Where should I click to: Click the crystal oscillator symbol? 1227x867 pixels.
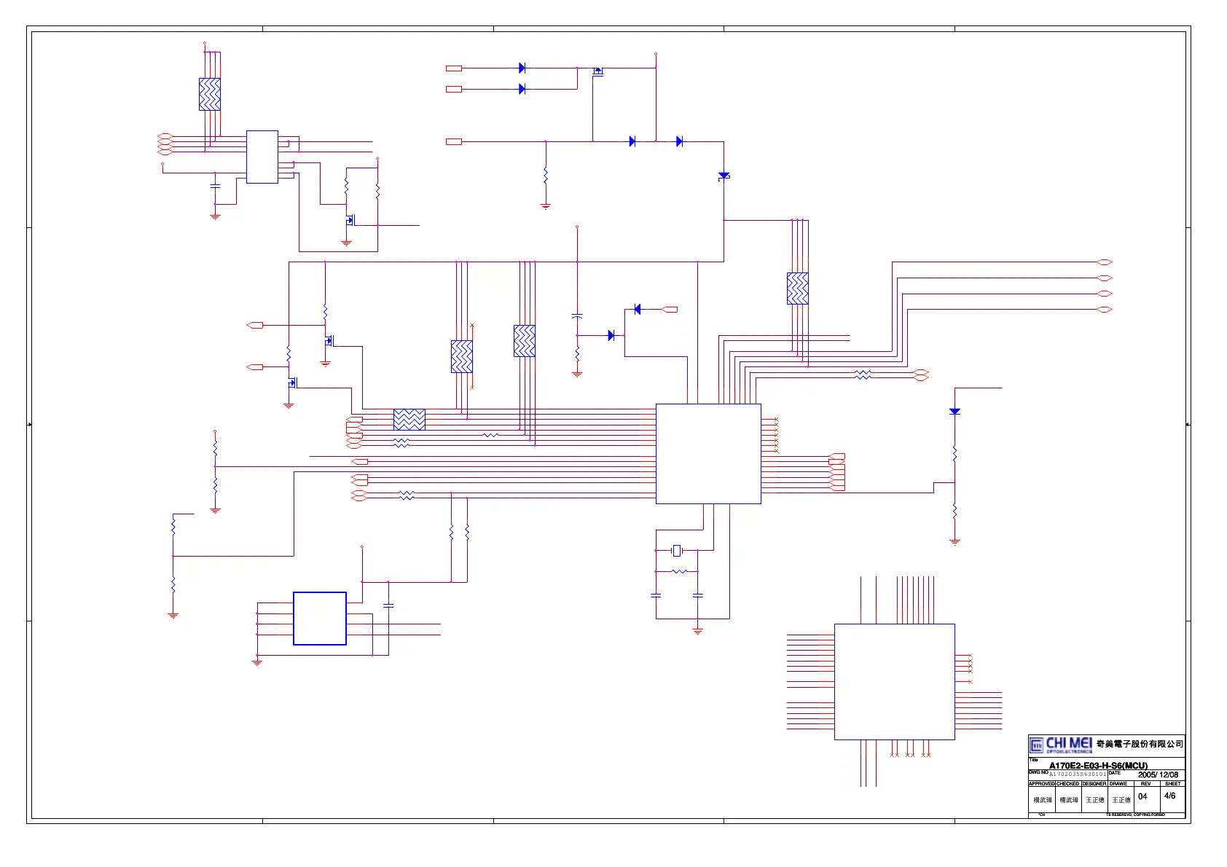(x=677, y=550)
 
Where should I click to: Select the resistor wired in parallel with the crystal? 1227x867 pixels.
(x=678, y=571)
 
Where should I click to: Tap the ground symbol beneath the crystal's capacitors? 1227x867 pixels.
(x=697, y=630)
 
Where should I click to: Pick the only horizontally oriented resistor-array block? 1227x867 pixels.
(x=409, y=420)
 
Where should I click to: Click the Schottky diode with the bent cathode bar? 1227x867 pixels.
(x=724, y=176)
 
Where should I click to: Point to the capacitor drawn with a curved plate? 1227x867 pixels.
(x=577, y=316)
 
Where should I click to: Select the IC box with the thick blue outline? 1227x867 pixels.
(x=319, y=619)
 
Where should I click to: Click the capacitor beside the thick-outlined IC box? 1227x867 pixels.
(x=388, y=605)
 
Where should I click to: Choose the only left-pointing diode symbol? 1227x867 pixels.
(x=638, y=310)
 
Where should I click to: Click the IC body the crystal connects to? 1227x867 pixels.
(x=708, y=453)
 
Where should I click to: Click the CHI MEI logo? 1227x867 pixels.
(x=1061, y=745)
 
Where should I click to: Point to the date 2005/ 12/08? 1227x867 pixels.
(x=1158, y=774)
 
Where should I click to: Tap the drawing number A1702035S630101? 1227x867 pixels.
(x=1078, y=774)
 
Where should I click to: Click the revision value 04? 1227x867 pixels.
(x=1142, y=796)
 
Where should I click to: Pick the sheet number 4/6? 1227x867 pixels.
(x=1169, y=796)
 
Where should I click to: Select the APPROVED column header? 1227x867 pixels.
(x=1041, y=784)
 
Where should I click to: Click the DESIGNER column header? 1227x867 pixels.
(x=1094, y=784)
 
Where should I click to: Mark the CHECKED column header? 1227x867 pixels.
(x=1067, y=784)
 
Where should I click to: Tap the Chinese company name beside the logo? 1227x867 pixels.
(x=1140, y=744)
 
